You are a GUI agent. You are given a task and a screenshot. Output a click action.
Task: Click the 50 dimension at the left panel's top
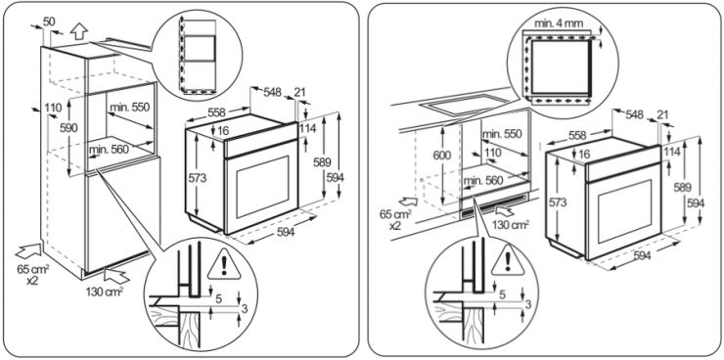49,21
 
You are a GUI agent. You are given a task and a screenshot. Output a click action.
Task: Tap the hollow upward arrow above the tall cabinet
79,32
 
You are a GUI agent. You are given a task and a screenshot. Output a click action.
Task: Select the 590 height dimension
68,127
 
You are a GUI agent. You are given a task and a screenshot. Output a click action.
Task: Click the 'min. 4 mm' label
559,23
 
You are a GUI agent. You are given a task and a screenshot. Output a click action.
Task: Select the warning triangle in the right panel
508,261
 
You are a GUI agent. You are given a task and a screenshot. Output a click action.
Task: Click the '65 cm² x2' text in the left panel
33,274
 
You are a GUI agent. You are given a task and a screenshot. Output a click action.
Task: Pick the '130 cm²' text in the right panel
510,225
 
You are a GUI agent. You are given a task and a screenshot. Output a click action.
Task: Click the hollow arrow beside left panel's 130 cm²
115,276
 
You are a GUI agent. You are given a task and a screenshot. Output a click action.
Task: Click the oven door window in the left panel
262,187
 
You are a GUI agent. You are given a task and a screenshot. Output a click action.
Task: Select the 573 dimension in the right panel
560,202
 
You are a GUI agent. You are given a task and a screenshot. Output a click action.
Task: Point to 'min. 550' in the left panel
130,107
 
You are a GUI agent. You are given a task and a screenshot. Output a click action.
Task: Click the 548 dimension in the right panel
634,114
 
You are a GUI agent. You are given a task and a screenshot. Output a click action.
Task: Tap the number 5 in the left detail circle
218,299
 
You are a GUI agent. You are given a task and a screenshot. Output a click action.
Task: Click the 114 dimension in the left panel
307,128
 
